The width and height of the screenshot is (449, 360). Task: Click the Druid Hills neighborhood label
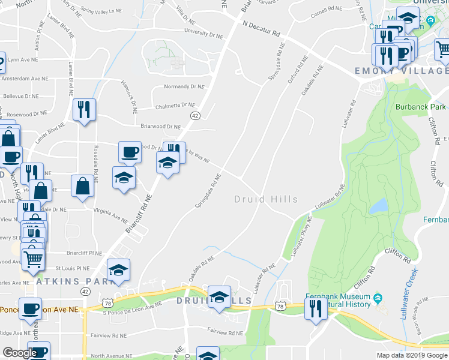(x=265, y=199)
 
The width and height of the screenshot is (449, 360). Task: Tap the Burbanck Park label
(x=421, y=107)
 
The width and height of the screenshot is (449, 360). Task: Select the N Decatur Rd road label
(x=261, y=29)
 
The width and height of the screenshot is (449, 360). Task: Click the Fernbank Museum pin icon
(x=378, y=298)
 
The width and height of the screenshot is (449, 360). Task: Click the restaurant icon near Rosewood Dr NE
(x=83, y=110)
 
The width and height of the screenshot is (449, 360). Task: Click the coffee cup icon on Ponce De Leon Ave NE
(x=30, y=309)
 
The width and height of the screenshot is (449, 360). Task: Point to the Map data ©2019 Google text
(x=412, y=355)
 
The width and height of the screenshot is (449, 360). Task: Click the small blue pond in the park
(x=378, y=206)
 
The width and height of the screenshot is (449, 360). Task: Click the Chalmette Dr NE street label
(x=175, y=106)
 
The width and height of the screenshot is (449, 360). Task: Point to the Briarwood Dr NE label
(x=160, y=127)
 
